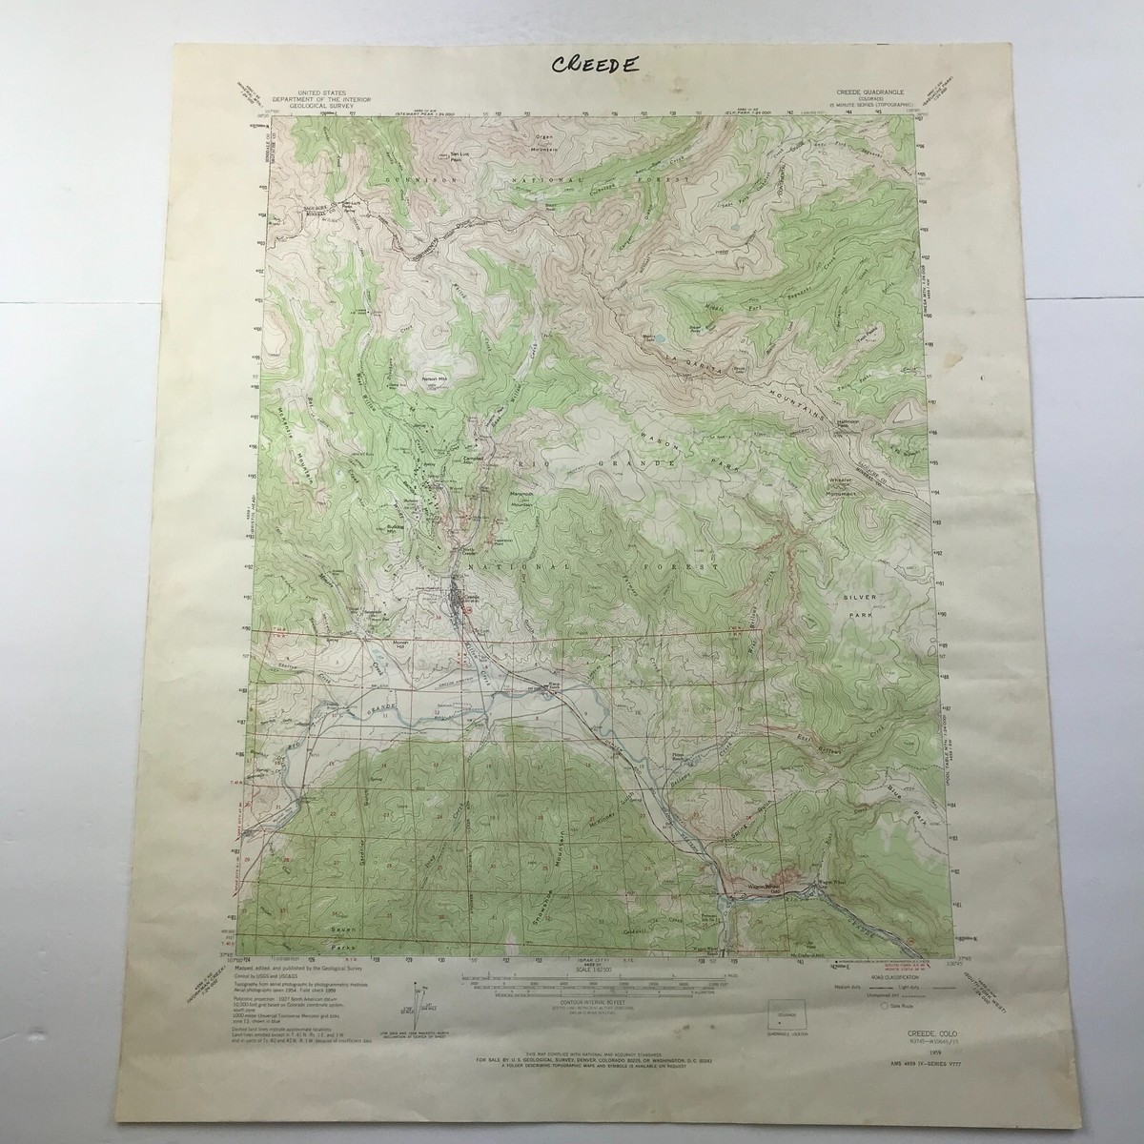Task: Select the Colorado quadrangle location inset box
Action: (x=785, y=1013)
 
